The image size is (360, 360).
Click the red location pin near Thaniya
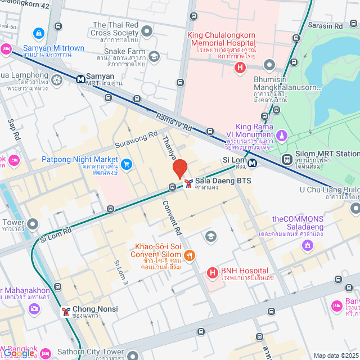coord(179,169)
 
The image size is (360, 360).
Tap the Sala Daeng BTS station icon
coord(188,183)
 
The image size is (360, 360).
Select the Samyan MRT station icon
coord(81,79)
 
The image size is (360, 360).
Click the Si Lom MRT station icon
coord(253,163)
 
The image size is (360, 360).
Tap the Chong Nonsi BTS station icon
coord(65,310)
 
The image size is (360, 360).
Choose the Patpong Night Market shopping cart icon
coord(127,164)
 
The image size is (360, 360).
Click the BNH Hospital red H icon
coord(213,273)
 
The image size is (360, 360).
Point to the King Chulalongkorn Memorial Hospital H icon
coord(240,68)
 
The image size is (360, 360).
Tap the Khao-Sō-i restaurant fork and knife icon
coord(190,255)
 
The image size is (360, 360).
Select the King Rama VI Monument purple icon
coord(282,136)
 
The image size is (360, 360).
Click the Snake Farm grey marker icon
coord(154,56)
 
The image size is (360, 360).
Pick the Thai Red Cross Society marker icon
coord(147,31)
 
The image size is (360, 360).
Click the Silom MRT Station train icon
coord(287,159)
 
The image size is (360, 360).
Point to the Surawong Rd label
coord(136,139)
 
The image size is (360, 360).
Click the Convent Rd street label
coord(173,218)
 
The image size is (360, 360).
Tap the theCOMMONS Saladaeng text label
coord(298,219)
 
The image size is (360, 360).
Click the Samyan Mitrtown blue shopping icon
coord(38,34)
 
